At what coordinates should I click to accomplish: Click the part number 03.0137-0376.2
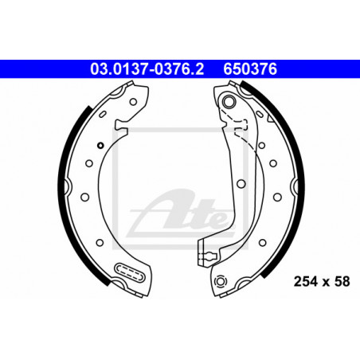pos(147,69)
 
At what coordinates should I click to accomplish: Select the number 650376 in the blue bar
pos(250,69)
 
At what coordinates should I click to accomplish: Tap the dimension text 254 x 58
pos(322,281)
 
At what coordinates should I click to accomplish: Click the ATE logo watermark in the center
pos(181,213)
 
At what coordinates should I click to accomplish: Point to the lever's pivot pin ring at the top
pos(229,101)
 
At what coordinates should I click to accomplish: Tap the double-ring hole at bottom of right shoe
pos(221,281)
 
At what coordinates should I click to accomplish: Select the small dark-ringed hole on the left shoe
pos(100,145)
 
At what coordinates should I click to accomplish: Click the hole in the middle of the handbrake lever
pos(241,183)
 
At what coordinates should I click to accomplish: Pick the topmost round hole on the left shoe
pos(133,102)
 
